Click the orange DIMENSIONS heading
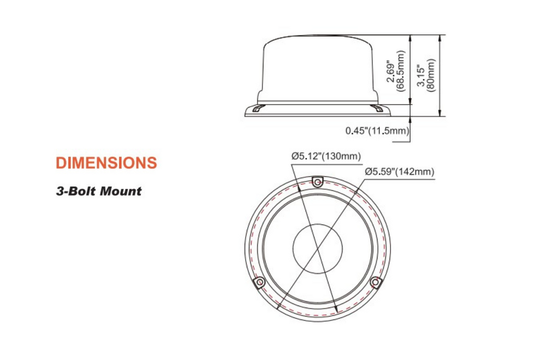point(106,163)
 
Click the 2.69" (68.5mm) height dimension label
point(395,71)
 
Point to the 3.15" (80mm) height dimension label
point(426,75)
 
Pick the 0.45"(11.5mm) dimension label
point(377,131)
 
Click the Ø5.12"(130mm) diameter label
point(325,156)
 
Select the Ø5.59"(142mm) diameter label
point(399,172)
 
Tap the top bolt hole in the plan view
point(318,182)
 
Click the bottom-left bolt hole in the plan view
point(260,283)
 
